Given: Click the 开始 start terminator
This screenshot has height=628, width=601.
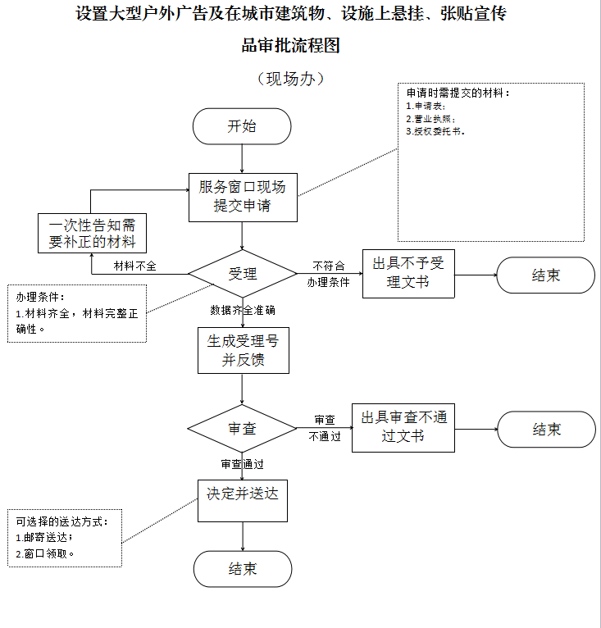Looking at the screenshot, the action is click(x=242, y=126).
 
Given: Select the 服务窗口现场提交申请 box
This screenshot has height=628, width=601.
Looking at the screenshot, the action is click(x=243, y=198).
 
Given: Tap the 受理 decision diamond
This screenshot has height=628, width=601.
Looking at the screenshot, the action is click(x=243, y=274).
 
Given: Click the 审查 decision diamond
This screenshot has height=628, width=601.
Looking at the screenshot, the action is click(x=242, y=428).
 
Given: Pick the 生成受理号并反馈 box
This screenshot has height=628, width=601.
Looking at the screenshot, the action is click(x=244, y=350).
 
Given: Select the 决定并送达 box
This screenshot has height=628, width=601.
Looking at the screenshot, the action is click(x=243, y=501).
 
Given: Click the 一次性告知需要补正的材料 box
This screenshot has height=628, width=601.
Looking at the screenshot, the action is click(x=92, y=233).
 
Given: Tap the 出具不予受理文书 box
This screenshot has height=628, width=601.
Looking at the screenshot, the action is click(x=408, y=274).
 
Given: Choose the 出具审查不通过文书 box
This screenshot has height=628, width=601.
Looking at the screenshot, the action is click(x=403, y=428).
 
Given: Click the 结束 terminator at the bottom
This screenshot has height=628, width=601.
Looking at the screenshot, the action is click(x=243, y=569).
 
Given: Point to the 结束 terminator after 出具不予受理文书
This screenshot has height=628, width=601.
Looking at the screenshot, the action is click(x=546, y=275).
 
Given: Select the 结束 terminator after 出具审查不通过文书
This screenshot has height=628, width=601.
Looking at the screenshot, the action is click(x=547, y=430).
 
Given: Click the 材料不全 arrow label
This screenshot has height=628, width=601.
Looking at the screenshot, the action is click(x=135, y=266).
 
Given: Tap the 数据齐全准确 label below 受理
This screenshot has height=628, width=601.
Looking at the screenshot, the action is click(x=243, y=310).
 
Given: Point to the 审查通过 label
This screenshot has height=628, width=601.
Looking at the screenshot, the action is click(x=243, y=464).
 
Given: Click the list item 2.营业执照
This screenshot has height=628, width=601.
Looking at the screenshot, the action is click(x=430, y=119).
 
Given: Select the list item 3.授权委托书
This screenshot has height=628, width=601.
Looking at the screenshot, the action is click(x=435, y=131).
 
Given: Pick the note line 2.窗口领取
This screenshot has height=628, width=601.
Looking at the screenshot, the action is click(x=45, y=553).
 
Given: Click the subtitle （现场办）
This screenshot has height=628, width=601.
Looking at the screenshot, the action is click(x=290, y=79).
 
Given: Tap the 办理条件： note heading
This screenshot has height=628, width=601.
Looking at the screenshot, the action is click(x=40, y=297).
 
